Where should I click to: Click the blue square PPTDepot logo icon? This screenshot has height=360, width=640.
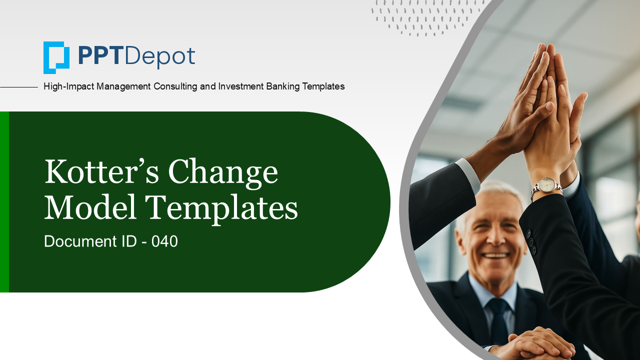tap(56, 57)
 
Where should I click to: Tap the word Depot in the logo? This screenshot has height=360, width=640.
tap(160, 57)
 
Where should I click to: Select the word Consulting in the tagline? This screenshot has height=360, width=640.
tap(175, 86)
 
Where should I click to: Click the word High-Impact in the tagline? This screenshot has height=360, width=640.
tap(68, 86)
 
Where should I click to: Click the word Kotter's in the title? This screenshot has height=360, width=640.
tap(101, 171)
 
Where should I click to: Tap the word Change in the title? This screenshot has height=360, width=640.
tap(223, 173)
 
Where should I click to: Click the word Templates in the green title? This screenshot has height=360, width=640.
tap(221, 209)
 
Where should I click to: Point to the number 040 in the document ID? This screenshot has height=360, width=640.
tap(164, 241)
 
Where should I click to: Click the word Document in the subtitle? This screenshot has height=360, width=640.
tap(80, 241)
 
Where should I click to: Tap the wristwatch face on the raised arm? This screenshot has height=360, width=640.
tap(546, 185)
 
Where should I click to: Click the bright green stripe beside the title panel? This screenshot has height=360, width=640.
tap(4, 201)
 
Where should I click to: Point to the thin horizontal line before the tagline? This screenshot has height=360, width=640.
tap(19, 87)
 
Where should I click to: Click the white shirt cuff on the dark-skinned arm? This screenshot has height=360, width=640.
tap(468, 175)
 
